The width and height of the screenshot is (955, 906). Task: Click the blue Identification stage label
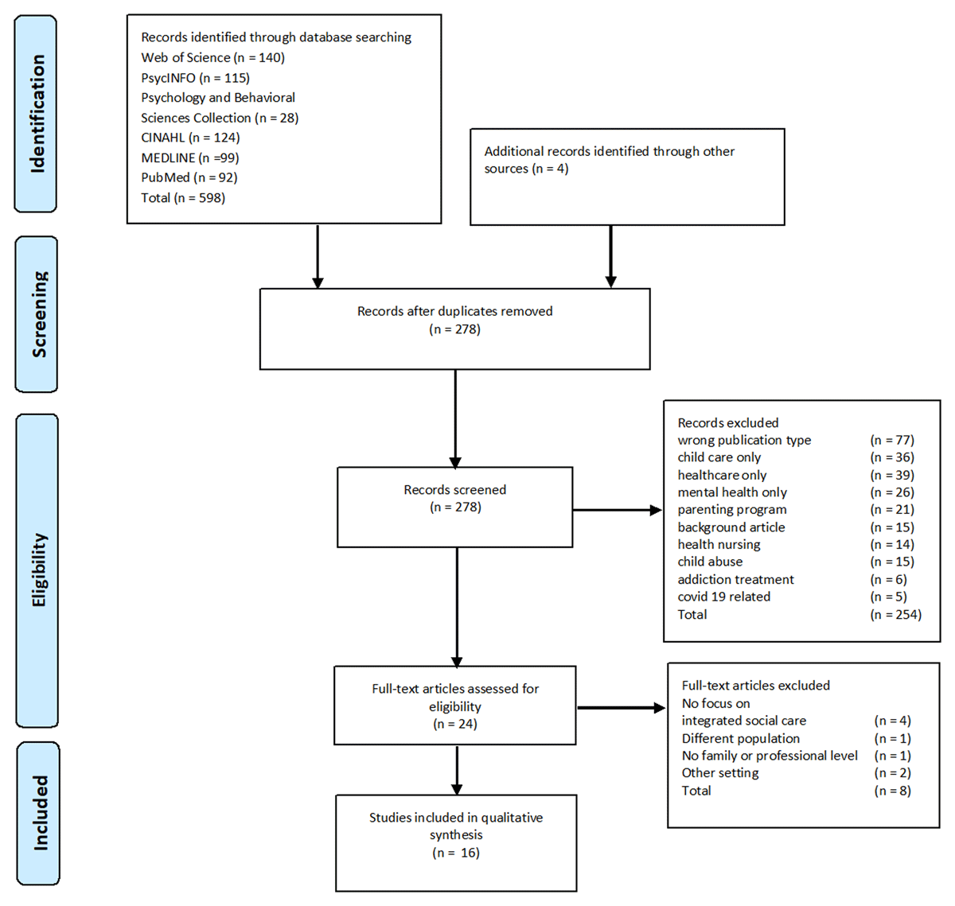pos(37,114)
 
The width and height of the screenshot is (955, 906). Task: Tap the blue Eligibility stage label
pos(37,570)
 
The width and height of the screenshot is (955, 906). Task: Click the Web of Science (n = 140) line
pos(212,57)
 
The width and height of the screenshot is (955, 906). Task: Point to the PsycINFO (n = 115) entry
pos(195,78)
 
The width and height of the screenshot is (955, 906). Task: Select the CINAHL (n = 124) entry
pos(190,138)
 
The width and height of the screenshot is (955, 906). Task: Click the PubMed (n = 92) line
pos(189,177)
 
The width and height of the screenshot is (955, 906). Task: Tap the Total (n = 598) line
pos(183,197)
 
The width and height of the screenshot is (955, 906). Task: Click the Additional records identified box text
pos(609,160)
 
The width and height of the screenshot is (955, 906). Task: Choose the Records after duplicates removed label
pos(454,311)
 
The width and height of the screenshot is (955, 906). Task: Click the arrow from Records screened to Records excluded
pos(617,510)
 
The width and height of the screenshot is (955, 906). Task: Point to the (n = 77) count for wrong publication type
pos(891,440)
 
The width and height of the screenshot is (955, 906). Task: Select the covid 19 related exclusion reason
pos(723,597)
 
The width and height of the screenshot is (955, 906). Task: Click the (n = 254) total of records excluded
pos(895,614)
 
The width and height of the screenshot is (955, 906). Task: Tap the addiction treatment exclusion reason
pos(735,579)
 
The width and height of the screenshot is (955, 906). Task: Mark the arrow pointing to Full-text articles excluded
pos(621,707)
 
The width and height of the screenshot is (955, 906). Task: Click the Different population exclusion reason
pos(740,738)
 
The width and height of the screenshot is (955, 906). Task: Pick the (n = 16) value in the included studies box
pos(455,853)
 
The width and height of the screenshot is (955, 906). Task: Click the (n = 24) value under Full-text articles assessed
pos(455,724)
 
